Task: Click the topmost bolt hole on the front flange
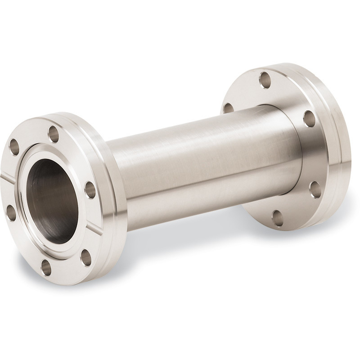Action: click(x=54, y=134)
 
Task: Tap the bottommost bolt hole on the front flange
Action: click(x=46, y=267)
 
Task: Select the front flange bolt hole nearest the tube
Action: click(x=90, y=190)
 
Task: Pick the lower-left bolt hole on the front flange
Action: click(x=10, y=212)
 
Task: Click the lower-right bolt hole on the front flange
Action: click(x=85, y=257)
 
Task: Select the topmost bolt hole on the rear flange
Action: click(x=265, y=80)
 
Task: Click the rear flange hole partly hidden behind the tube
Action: click(x=229, y=108)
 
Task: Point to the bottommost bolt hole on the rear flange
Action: click(x=278, y=218)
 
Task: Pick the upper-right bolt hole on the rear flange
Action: click(x=309, y=118)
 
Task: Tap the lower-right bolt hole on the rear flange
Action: click(x=315, y=189)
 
